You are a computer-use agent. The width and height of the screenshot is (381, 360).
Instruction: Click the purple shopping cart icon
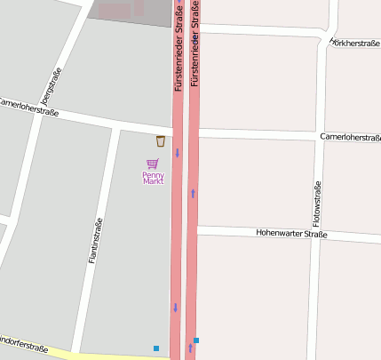153,164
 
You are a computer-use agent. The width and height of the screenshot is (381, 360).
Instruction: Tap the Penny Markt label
154,177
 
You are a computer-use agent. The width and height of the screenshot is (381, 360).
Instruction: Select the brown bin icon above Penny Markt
161,141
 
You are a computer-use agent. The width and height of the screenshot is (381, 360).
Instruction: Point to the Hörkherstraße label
354,43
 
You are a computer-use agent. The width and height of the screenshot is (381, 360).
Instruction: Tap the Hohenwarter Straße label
291,235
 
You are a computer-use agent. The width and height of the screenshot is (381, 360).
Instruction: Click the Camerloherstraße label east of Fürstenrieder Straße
350,138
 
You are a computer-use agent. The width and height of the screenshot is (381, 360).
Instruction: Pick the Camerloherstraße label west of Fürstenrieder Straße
29,108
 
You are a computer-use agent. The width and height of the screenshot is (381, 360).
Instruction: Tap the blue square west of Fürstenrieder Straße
156,348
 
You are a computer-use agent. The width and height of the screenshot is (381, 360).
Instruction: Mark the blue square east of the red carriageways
196,340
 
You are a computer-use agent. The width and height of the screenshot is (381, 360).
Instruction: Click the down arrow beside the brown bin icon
177,152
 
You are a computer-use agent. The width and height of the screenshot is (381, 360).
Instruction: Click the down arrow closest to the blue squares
175,308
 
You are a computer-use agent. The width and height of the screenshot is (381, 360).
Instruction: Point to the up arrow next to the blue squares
189,348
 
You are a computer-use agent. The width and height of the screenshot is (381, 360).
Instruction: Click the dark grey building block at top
130,12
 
